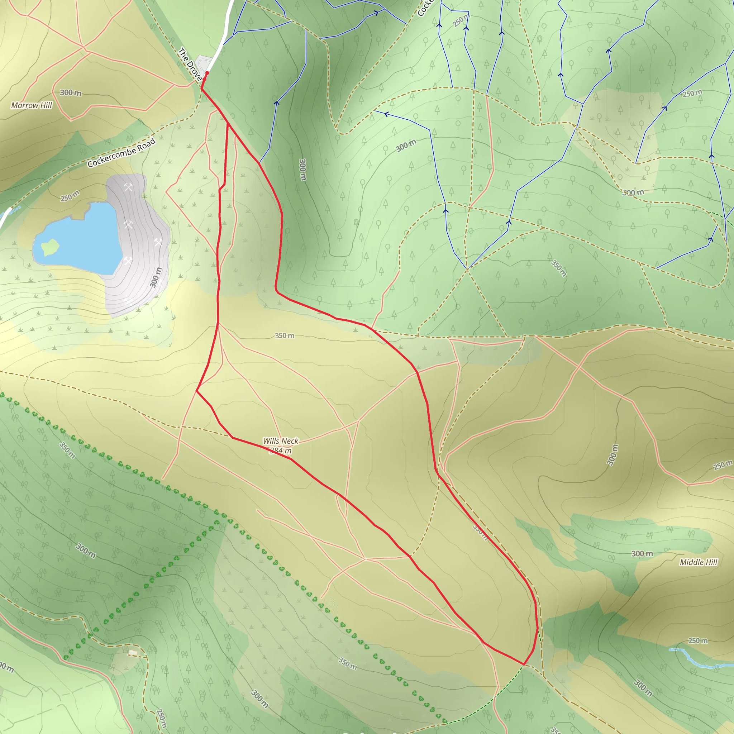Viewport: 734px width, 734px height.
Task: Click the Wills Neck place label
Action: pyautogui.click(x=280, y=441)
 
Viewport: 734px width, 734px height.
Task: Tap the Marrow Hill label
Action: pyautogui.click(x=32, y=105)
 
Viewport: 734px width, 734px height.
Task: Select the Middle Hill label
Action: pyautogui.click(x=698, y=562)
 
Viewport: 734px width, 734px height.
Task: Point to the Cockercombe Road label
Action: pyautogui.click(x=121, y=153)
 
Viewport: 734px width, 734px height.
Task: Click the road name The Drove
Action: pyautogui.click(x=190, y=64)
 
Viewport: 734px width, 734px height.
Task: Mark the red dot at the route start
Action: pyautogui.click(x=207, y=73)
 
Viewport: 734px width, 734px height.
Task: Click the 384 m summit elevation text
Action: pyautogui.click(x=280, y=451)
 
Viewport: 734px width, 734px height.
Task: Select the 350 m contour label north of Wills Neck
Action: pyautogui.click(x=285, y=335)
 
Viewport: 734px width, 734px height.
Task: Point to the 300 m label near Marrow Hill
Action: pyautogui.click(x=71, y=93)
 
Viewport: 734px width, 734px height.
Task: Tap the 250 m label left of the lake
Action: pyautogui.click(x=70, y=196)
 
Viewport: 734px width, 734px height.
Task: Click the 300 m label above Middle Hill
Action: pyautogui.click(x=642, y=553)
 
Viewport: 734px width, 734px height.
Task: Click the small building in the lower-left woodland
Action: pyautogui.click(x=132, y=653)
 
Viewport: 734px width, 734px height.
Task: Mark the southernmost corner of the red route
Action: pyautogui.click(x=524, y=664)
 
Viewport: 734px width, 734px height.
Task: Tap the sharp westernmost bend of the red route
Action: pyautogui.click(x=196, y=391)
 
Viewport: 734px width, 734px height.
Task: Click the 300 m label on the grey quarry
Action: pyautogui.click(x=156, y=277)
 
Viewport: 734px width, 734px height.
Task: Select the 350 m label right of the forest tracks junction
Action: pyautogui.click(x=559, y=268)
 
